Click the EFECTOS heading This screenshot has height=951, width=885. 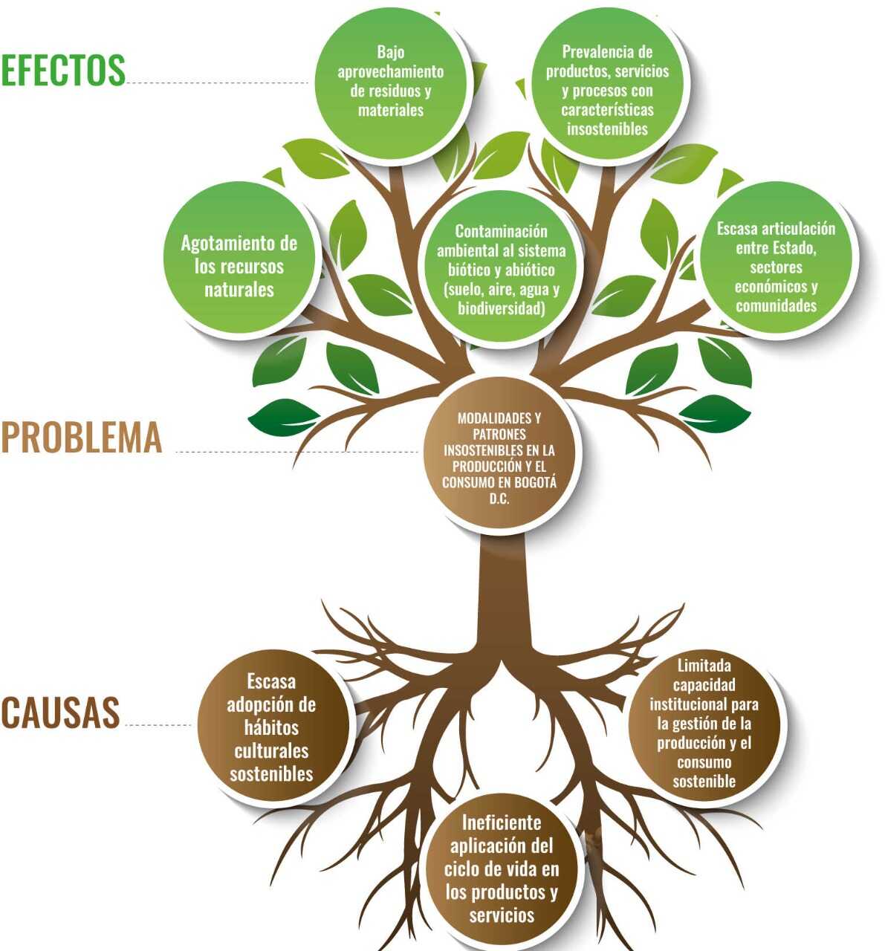pyautogui.click(x=63, y=71)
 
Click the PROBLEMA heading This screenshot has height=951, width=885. pyautogui.click(x=81, y=438)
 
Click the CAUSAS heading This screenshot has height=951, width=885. pyautogui.click(x=60, y=713)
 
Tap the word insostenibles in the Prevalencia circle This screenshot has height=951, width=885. pyautogui.click(x=608, y=129)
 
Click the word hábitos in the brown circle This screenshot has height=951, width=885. pyautogui.click(x=271, y=727)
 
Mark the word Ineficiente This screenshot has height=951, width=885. pyautogui.click(x=502, y=822)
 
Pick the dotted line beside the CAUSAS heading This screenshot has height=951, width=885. pyautogui.click(x=160, y=724)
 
